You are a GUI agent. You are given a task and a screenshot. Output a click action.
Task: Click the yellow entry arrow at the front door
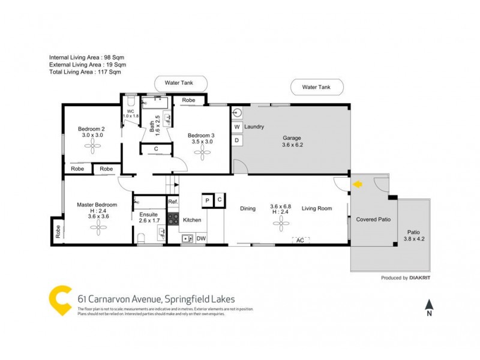(x=357, y=185)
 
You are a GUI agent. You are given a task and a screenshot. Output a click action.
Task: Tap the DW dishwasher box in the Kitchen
(x=200, y=239)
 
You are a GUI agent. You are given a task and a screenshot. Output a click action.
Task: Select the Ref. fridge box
(x=173, y=202)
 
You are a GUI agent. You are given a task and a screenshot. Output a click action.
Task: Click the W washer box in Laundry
(x=237, y=127)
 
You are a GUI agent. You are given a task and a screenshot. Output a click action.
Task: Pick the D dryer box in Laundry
(x=237, y=141)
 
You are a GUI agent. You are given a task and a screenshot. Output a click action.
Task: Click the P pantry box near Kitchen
(x=207, y=200)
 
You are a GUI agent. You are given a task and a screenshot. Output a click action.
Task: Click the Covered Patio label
(x=373, y=220)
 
